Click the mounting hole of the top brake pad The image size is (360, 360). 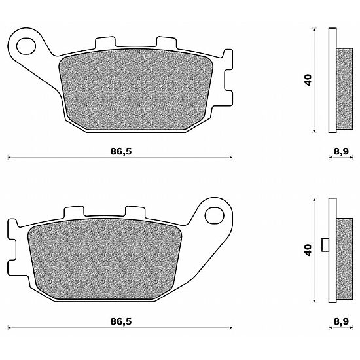click(x=26, y=46)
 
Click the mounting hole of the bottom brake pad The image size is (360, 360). click(x=214, y=216)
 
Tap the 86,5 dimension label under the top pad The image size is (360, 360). click(x=121, y=152)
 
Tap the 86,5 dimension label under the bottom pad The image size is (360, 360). click(x=121, y=321)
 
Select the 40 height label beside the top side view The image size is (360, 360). click(x=308, y=80)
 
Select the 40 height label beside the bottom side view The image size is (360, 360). click(x=308, y=250)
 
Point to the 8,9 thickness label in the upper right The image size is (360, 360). click(x=341, y=152)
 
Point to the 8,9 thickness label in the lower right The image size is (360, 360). click(x=341, y=321)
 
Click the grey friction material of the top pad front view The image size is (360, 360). click(x=136, y=90)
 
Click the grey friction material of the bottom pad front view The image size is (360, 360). click(x=105, y=260)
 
